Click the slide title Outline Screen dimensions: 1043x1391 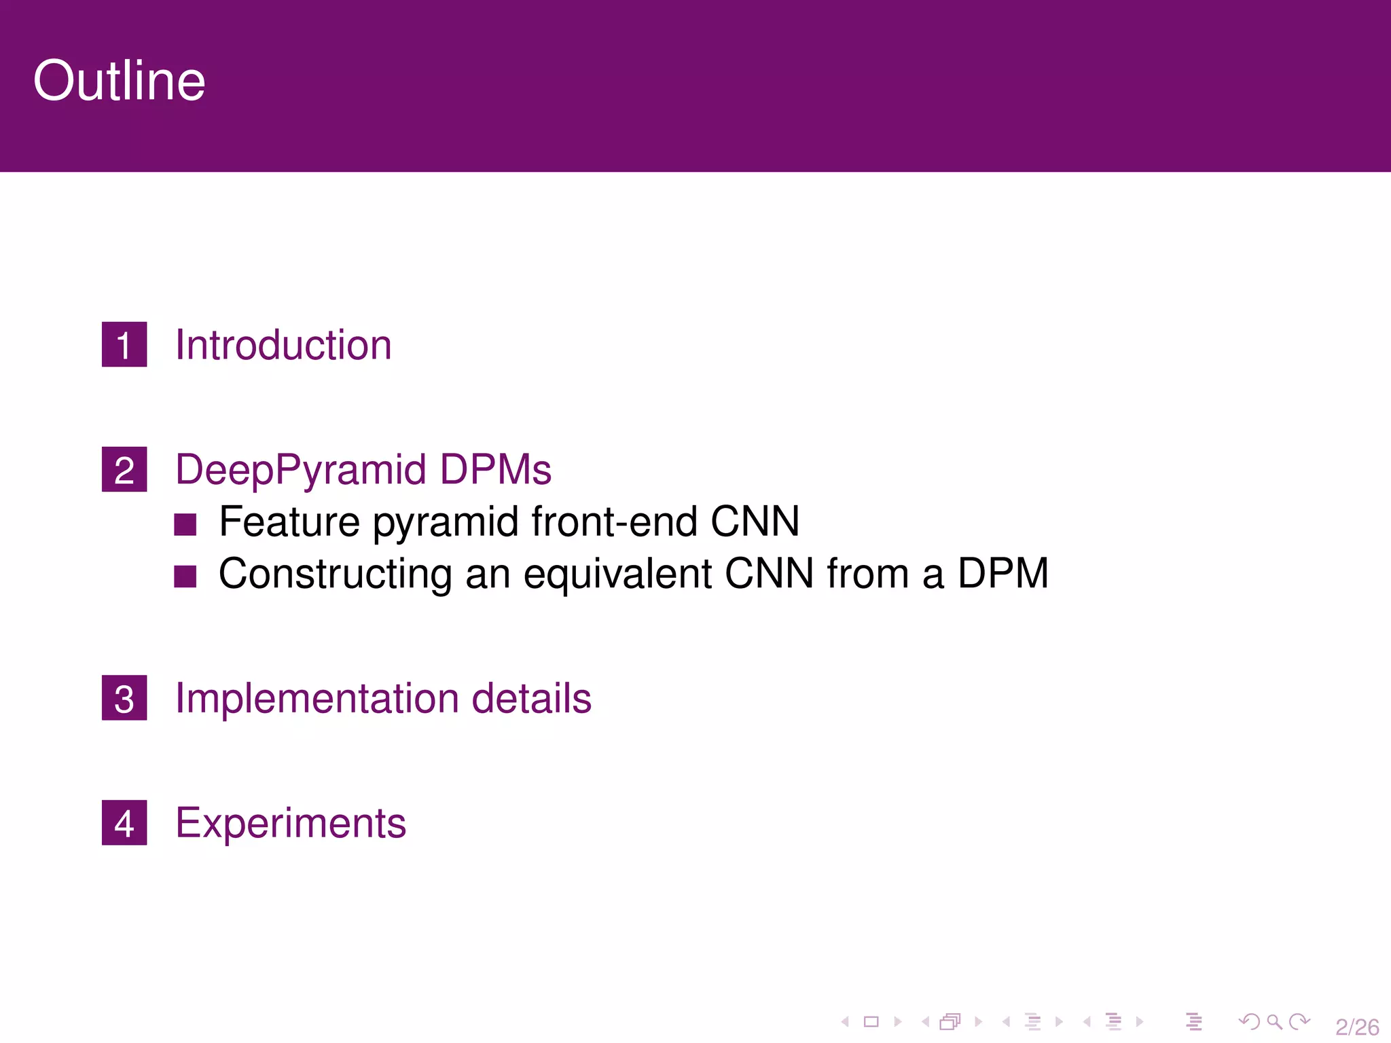tap(119, 81)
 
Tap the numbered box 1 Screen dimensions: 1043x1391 tap(124, 344)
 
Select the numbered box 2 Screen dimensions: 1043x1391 tap(124, 469)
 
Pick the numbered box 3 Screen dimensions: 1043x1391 tap(124, 697)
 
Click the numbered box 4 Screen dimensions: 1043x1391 tap(124, 822)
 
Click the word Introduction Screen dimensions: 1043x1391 tap(283, 344)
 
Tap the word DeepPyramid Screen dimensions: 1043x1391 tap(301, 470)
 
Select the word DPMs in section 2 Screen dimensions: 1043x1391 tap(495, 469)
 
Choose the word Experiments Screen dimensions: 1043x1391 tap(291, 823)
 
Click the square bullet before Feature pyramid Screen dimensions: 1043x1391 tap(185, 524)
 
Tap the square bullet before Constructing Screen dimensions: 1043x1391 tap(185, 576)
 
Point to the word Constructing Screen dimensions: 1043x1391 tap(335, 574)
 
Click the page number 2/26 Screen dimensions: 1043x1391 tap(1356, 1026)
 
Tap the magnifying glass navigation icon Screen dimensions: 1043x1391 tap(1274, 1021)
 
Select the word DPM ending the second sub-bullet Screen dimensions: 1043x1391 tap(1002, 573)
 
